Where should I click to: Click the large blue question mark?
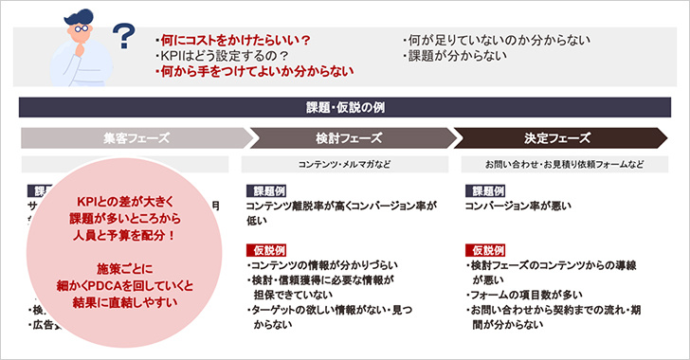(x=123, y=37)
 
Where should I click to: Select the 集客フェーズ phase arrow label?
(x=136, y=137)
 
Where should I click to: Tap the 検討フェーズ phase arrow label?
(x=347, y=137)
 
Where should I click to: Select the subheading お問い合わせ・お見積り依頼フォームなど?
(x=564, y=164)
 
